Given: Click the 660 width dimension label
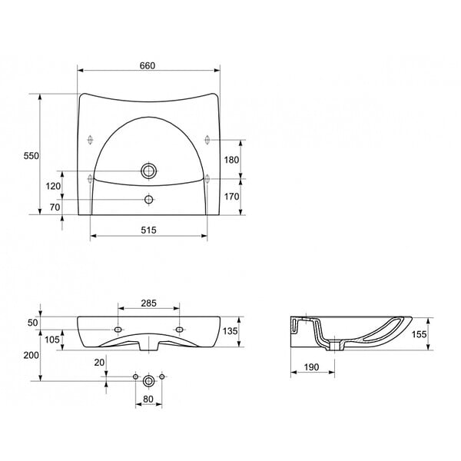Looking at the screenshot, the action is pos(148,65).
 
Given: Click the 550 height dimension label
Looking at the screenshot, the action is pos(32,156).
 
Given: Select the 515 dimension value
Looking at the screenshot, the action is pos(148,230).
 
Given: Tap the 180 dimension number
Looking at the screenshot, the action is pos(232,160).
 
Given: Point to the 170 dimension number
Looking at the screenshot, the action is pos(232,197).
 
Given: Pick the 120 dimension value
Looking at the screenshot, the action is pos(53,186).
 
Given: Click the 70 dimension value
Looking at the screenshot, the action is pos(55,207).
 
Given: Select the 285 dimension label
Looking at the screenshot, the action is pos(148,303).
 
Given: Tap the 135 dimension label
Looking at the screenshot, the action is pos(230,331).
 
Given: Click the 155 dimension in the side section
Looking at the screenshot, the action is pos(419,334).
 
